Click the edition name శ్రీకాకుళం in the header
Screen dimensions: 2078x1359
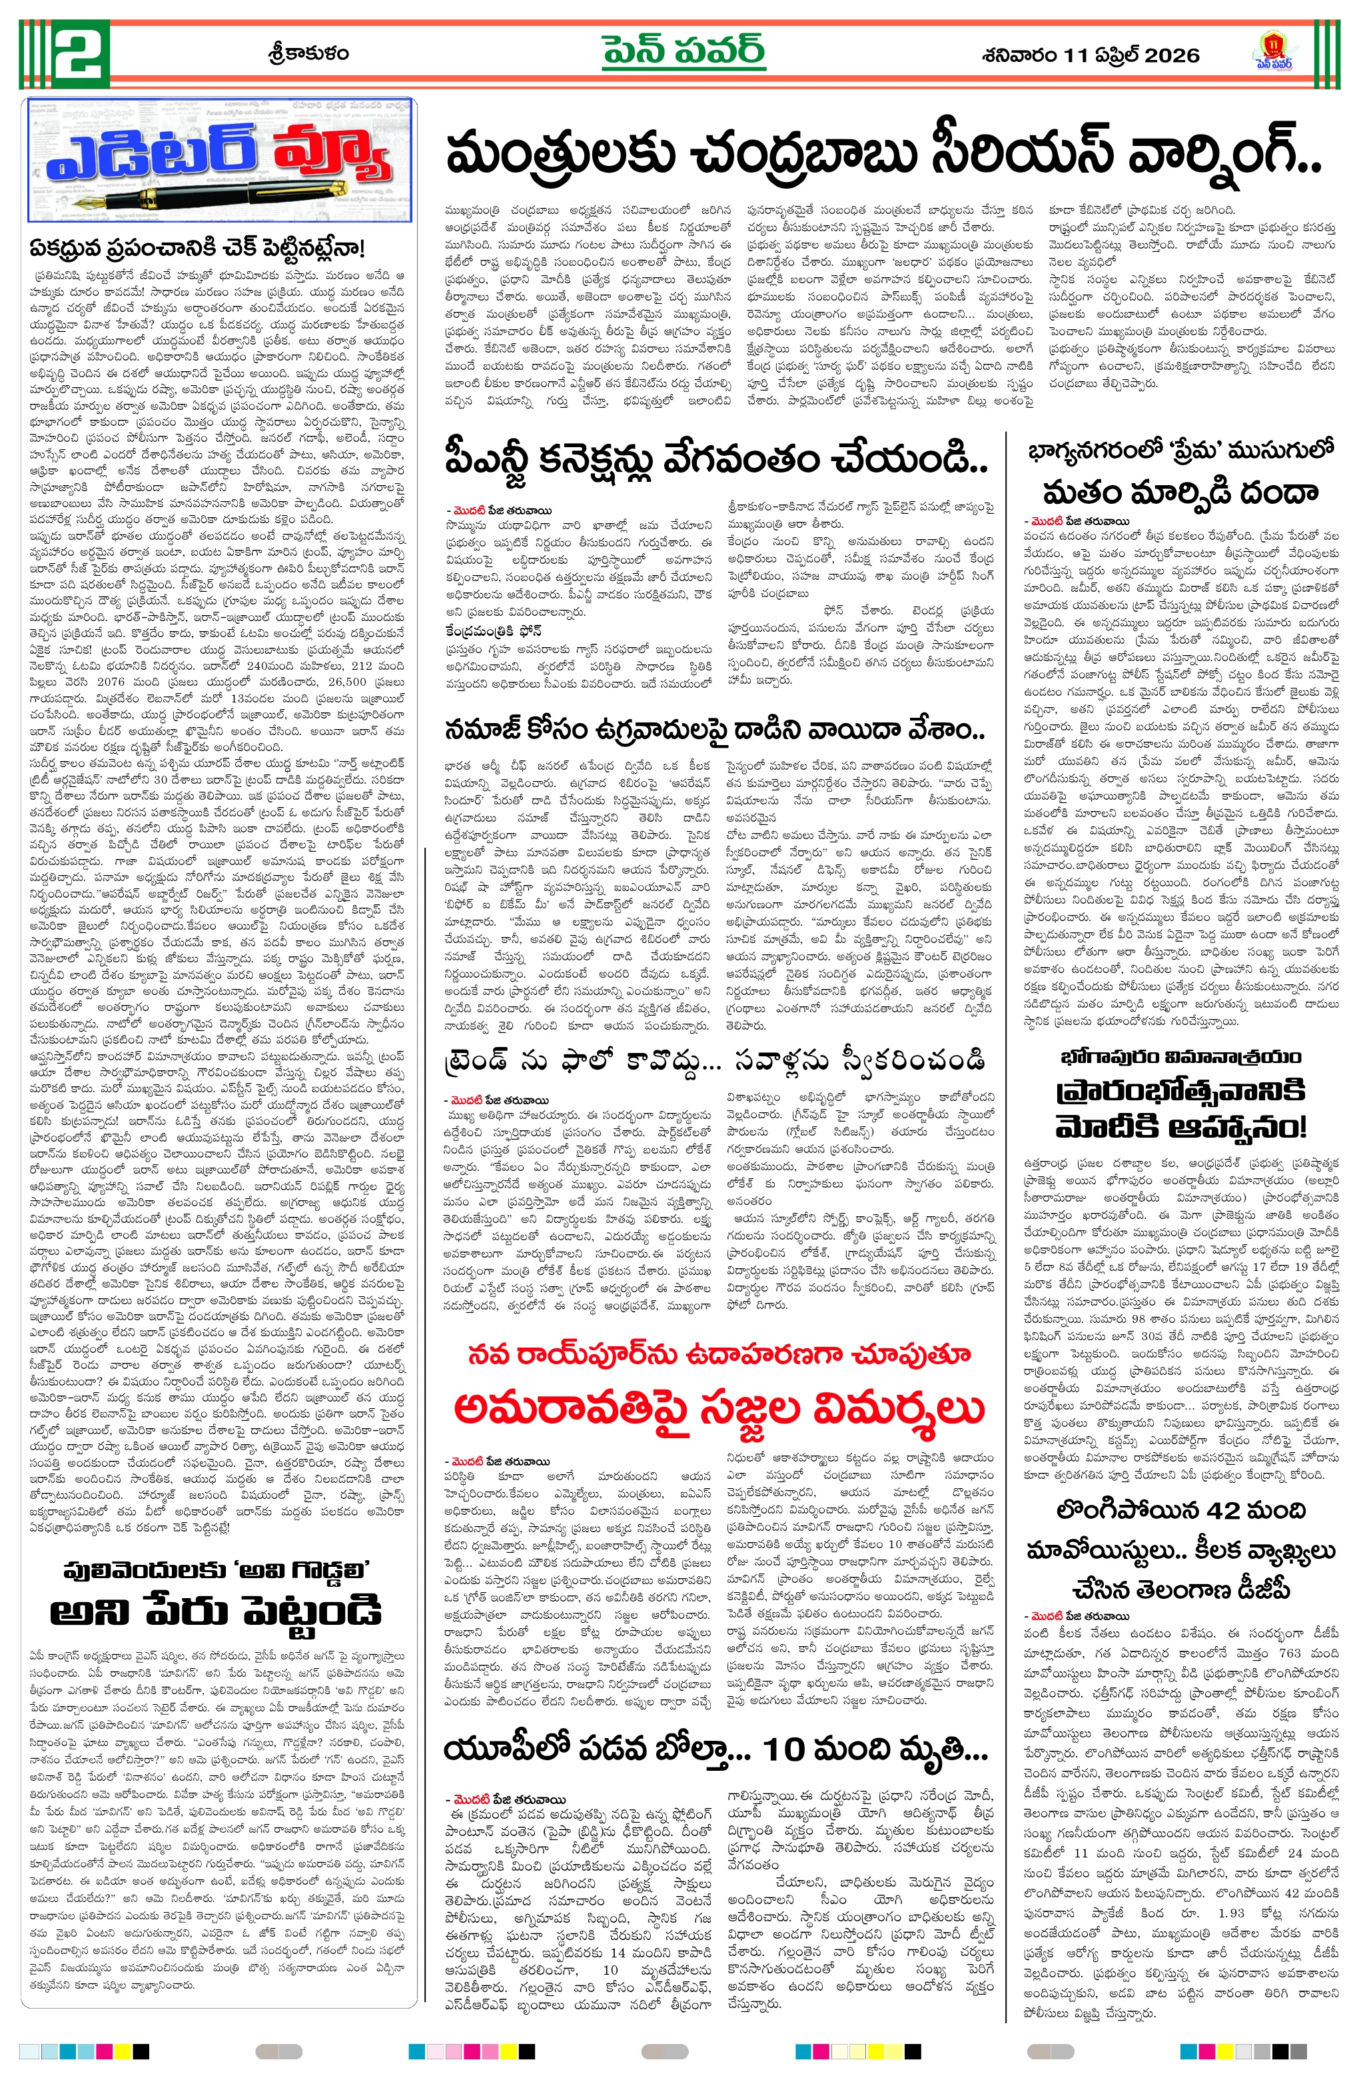tap(306, 53)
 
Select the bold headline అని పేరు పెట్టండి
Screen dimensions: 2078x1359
tap(217, 1613)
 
